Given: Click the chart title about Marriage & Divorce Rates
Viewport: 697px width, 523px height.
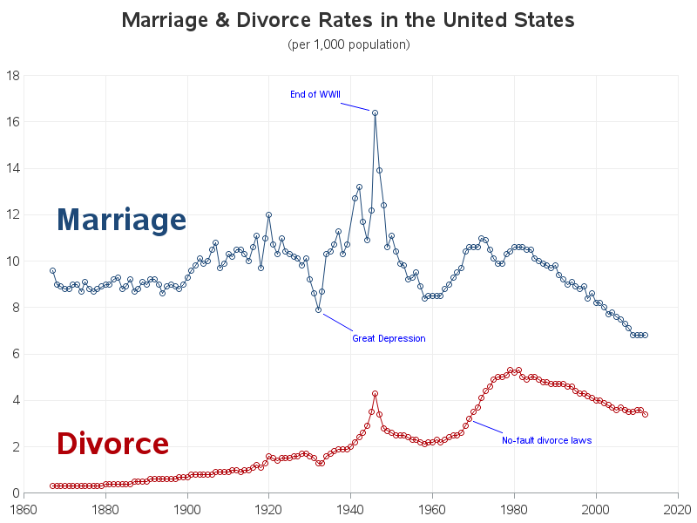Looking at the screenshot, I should pos(348,20).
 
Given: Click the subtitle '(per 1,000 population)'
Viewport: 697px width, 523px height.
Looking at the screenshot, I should pos(348,44).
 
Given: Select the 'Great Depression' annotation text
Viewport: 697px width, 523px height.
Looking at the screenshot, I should pos(389,338).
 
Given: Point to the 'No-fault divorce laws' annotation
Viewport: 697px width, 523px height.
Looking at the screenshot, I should pos(546,440).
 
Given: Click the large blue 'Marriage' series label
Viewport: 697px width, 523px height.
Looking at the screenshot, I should pos(121,220).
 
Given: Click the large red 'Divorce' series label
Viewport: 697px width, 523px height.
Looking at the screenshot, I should pos(112,444).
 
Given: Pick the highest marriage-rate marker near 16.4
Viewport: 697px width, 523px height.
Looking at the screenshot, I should pos(375,112).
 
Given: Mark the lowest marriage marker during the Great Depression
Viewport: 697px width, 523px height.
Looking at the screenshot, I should pos(319,309).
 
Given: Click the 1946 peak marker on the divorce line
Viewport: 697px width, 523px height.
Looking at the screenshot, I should pos(375,393).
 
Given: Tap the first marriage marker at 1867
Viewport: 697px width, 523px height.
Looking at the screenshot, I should pos(52,270).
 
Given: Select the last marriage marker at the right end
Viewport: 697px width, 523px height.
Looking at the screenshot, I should pos(645,336).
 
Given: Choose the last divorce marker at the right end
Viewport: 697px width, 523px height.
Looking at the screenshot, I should pos(645,414).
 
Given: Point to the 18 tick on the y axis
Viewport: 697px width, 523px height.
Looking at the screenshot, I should pos(14,76).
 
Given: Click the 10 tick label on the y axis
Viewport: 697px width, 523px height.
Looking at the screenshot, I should pos(14,261).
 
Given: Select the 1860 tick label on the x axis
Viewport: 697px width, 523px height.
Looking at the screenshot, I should pos(24,507).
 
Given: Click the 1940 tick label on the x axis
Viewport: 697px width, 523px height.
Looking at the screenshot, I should pos(350,507).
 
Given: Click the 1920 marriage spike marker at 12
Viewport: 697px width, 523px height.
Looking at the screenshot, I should pos(268,214).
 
